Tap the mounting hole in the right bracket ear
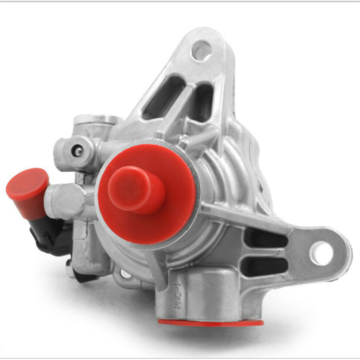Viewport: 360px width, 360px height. click(x=321, y=254)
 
